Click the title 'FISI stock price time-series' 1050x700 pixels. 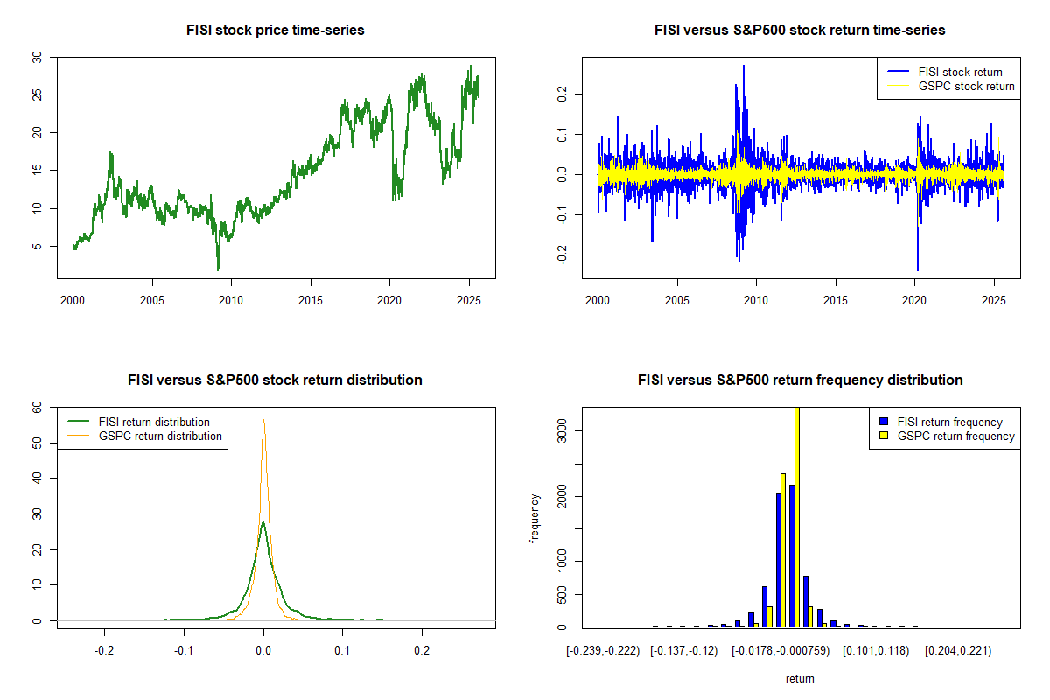(x=276, y=31)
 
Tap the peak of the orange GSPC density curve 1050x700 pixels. (x=263, y=421)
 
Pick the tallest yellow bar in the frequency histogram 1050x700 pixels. (x=796, y=516)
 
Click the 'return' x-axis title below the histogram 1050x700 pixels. (x=800, y=678)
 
